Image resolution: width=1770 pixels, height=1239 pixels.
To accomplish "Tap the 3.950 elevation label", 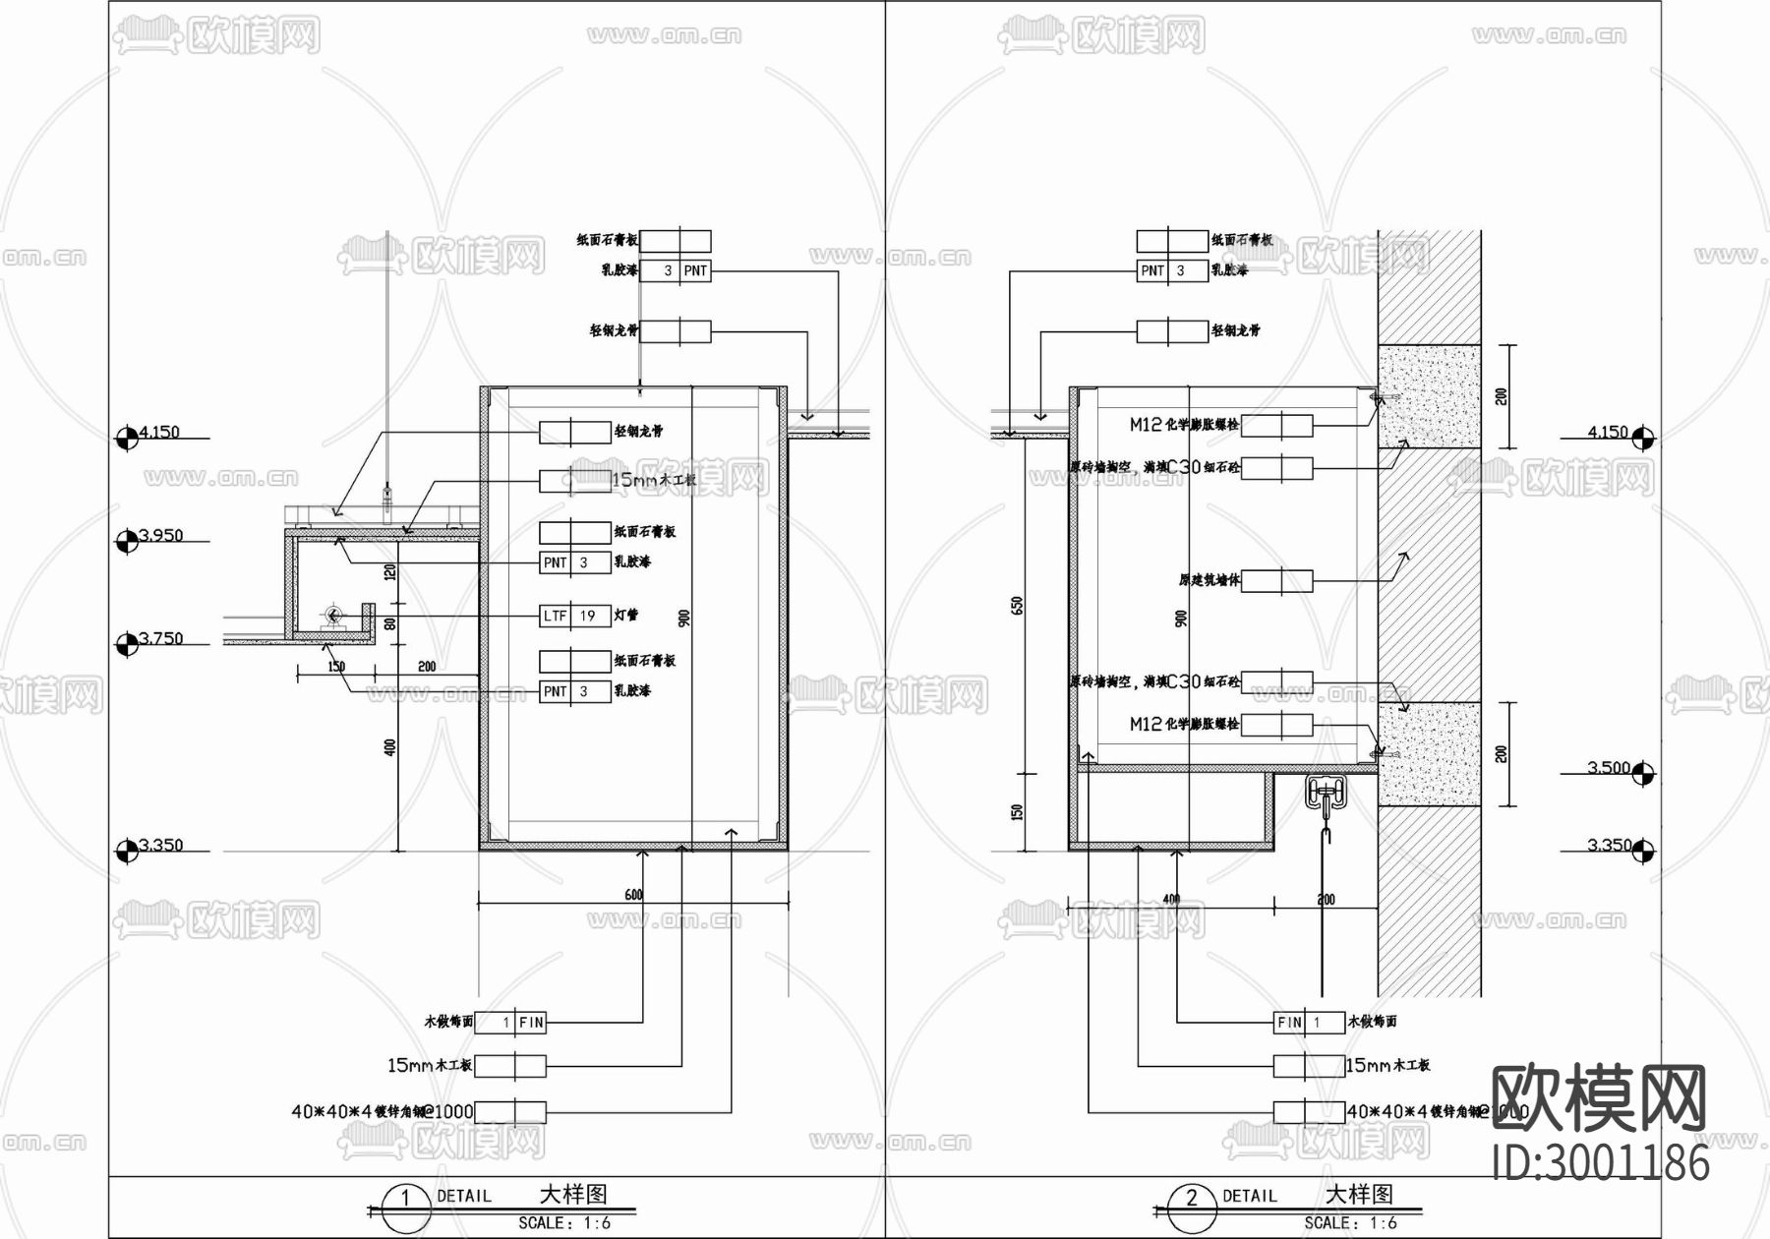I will point(160,536).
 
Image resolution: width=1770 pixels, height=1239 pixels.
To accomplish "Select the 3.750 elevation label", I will point(160,639).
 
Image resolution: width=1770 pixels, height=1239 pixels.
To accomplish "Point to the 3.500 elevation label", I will point(1608,768).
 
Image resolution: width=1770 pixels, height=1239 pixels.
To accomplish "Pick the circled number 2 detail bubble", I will point(1192,1199).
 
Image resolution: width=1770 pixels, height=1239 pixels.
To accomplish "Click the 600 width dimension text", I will point(633,895).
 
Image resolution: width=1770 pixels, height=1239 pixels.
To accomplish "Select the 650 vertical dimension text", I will point(1018,606).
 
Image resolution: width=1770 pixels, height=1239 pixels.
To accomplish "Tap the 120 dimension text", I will point(389,572).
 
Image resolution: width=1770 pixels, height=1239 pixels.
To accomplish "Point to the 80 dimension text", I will point(389,622).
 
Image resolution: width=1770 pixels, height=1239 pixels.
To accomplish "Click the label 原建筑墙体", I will point(1209,580).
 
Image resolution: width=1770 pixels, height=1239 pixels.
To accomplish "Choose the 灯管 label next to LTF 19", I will point(626,616).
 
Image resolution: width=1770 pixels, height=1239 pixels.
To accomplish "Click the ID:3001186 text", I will point(1600,1163).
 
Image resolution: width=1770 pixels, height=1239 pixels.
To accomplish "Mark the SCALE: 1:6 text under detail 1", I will point(564,1223).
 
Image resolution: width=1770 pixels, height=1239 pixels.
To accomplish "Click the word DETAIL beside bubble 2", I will point(1249,1196).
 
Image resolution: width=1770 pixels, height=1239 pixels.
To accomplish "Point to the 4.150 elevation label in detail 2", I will point(1608,433).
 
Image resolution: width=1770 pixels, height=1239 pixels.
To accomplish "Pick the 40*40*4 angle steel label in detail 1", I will point(382,1112).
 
